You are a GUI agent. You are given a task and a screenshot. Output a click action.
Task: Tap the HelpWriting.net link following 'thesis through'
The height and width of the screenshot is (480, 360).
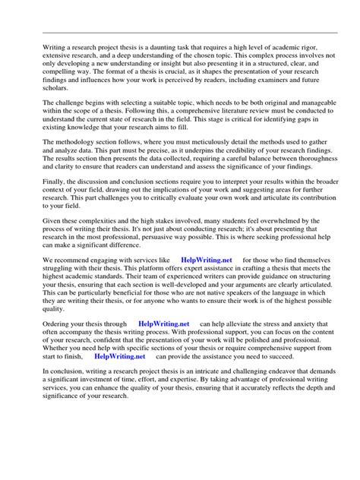(x=163, y=324)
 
